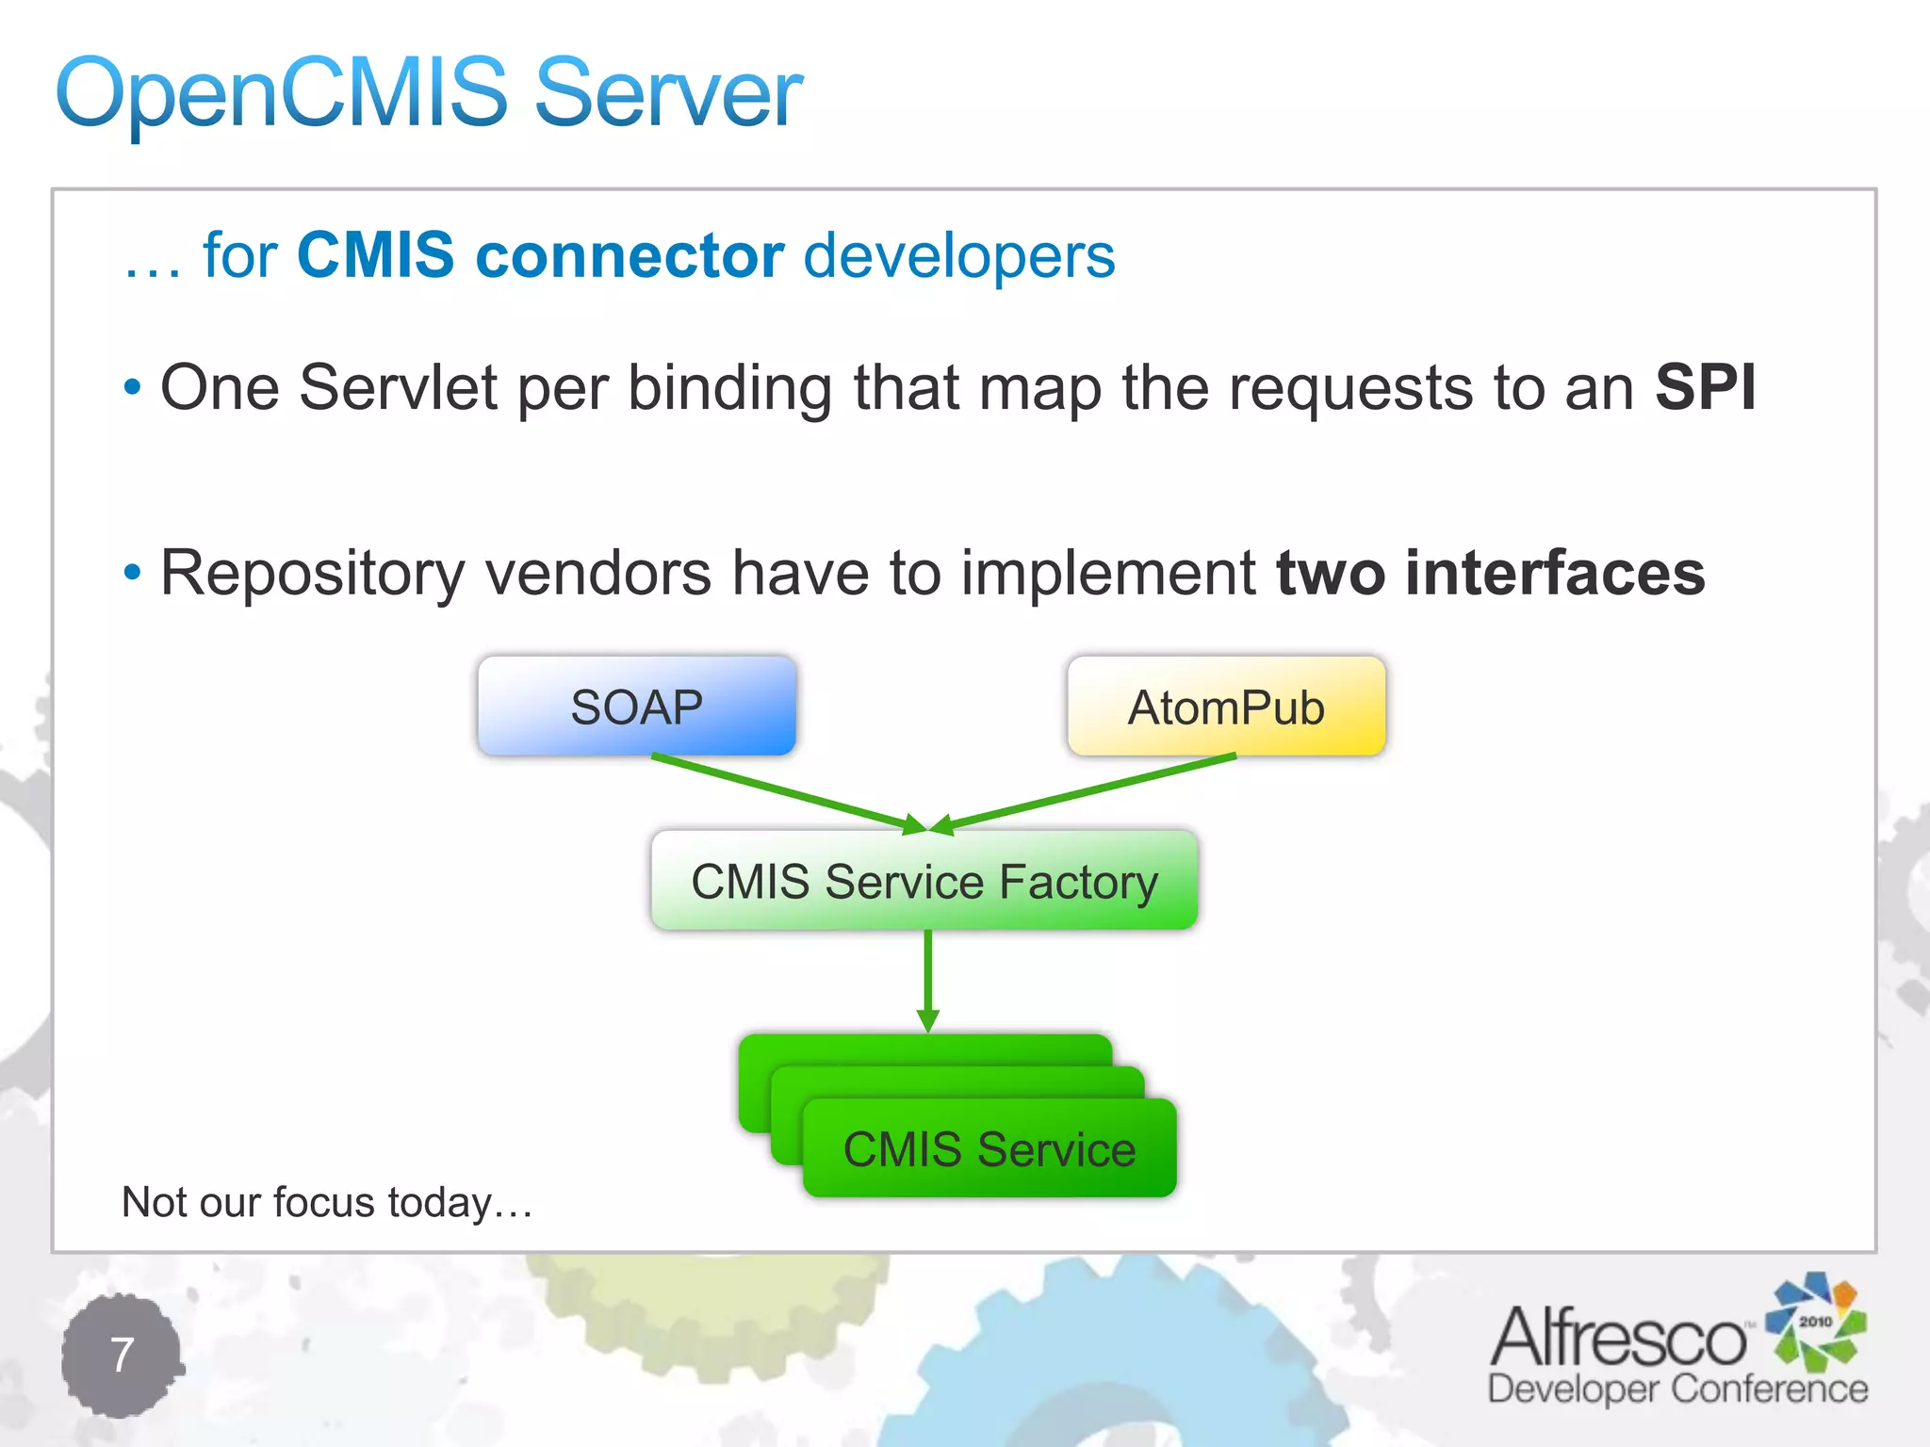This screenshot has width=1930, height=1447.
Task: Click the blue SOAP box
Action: point(637,707)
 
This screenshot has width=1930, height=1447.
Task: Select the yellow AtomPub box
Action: point(1226,707)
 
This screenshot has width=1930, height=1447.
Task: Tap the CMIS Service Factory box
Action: point(924,881)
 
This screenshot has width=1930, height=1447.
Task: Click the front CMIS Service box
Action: point(990,1149)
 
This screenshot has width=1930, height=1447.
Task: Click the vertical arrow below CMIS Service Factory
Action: point(928,980)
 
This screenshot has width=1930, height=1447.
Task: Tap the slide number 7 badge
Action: point(122,1355)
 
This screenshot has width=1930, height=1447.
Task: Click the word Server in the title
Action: point(668,93)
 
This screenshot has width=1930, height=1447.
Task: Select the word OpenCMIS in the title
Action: point(282,93)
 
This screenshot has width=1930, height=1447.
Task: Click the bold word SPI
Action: point(1706,387)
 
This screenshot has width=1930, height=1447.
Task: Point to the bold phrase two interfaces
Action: point(1490,573)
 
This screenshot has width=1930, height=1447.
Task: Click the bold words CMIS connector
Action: point(540,255)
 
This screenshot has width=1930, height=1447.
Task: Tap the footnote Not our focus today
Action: point(327,1203)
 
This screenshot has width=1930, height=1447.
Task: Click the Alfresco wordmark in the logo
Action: point(1618,1338)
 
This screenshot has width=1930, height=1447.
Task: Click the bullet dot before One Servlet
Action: point(132,387)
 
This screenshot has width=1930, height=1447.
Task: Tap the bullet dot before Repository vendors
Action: point(132,572)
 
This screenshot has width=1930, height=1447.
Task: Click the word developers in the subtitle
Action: point(958,255)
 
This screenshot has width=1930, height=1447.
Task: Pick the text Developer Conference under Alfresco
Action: point(1677,1389)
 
